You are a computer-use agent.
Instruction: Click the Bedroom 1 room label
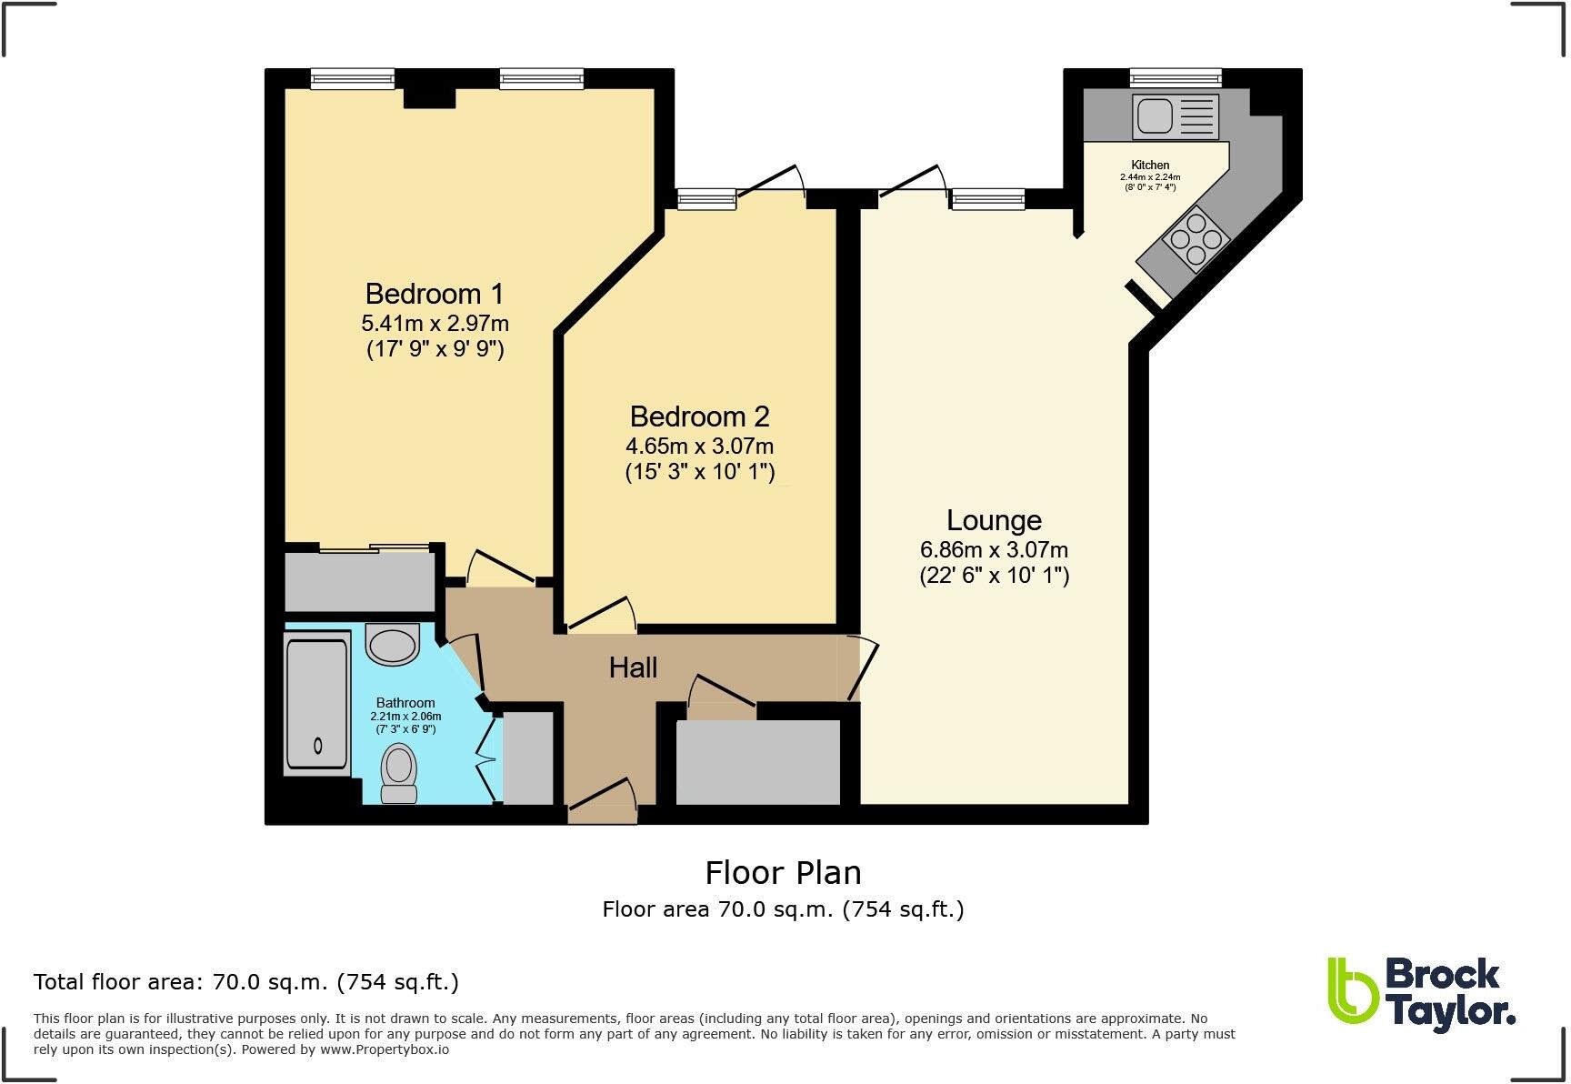pyautogui.click(x=434, y=294)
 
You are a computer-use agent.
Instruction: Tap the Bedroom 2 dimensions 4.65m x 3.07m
pyautogui.click(x=699, y=447)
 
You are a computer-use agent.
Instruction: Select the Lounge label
pyautogui.click(x=994, y=520)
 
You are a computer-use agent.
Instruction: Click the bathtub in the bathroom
pyautogui.click(x=316, y=705)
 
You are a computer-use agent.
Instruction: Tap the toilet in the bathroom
pyautogui.click(x=398, y=773)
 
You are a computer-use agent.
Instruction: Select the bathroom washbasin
pyautogui.click(x=393, y=645)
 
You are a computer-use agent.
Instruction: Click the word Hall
pyautogui.click(x=633, y=667)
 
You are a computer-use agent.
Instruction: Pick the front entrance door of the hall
pyautogui.click(x=601, y=800)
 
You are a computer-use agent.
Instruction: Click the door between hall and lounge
pyautogui.click(x=864, y=668)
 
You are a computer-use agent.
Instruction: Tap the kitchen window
pyautogui.click(x=1176, y=78)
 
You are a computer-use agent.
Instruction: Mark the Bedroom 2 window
pyautogui.click(x=706, y=197)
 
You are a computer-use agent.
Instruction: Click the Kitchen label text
pyautogui.click(x=1150, y=166)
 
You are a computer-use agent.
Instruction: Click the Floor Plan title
pyautogui.click(x=783, y=873)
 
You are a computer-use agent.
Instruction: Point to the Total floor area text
pyautogui.click(x=245, y=982)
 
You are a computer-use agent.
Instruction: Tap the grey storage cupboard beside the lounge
pyautogui.click(x=758, y=762)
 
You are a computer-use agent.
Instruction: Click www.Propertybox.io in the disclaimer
pyautogui.click(x=384, y=1049)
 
